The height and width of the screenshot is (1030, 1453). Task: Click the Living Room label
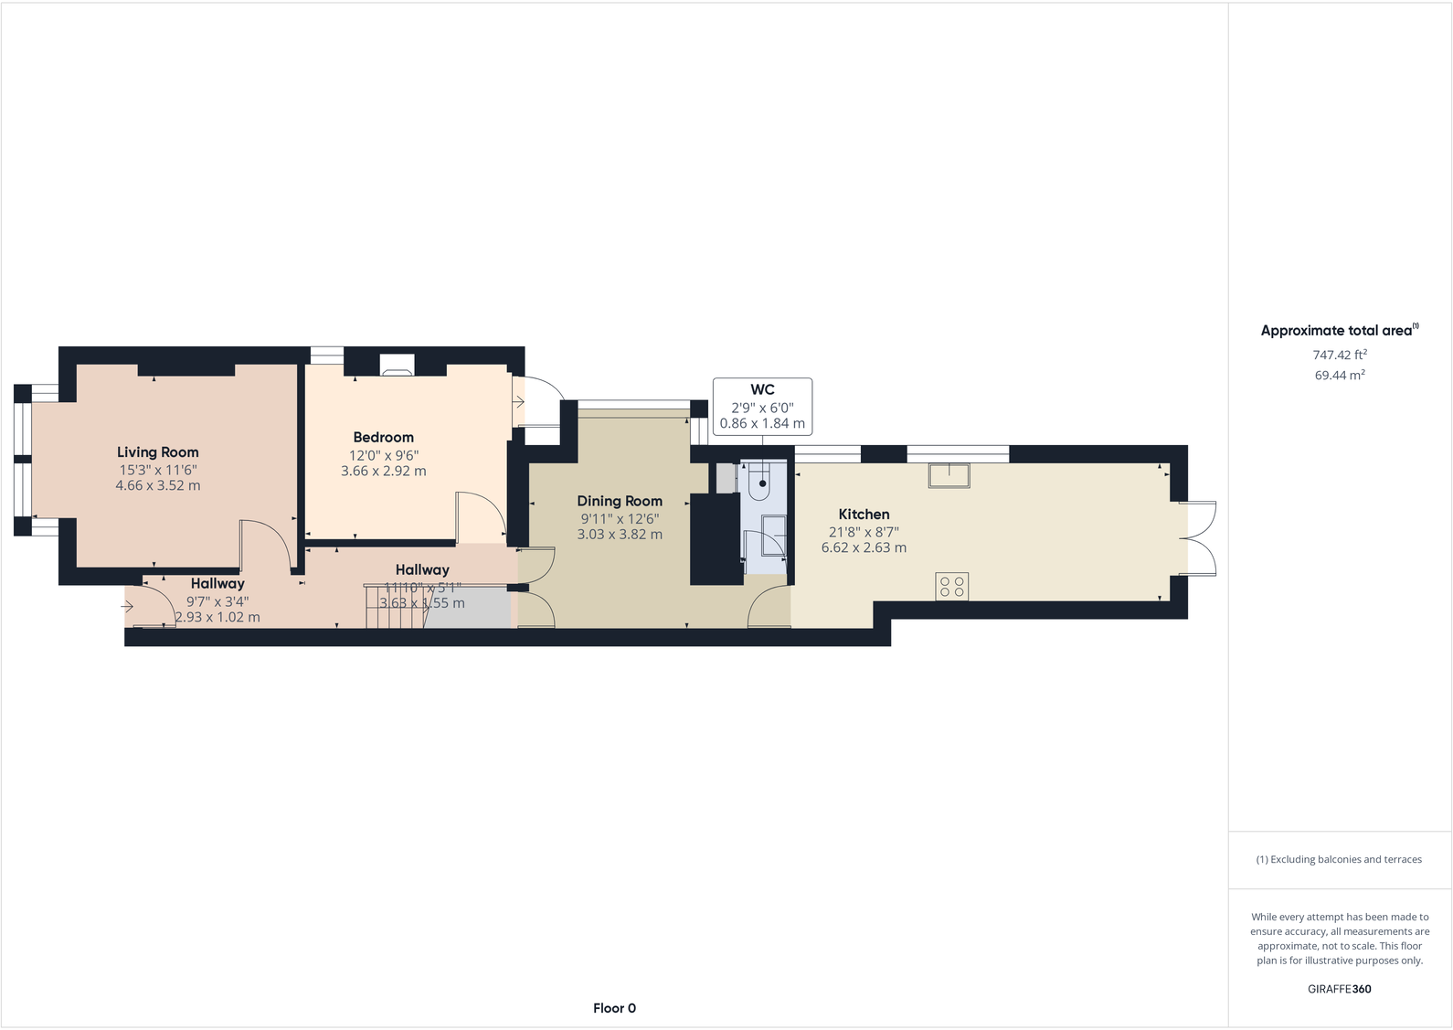157,451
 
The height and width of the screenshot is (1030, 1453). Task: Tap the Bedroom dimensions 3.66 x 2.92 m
383,471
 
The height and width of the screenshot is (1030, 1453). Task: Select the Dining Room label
619,501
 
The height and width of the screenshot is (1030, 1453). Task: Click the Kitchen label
864,515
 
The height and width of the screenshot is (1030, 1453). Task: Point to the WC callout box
762,406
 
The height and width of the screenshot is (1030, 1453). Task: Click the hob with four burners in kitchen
951,586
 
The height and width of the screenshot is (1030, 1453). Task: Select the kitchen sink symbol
949,475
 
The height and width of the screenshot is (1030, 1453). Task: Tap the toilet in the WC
761,482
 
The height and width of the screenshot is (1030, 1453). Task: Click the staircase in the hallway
395,607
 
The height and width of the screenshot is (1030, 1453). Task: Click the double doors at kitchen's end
1201,538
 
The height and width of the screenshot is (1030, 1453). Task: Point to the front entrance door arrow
127,606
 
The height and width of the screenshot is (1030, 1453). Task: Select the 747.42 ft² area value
1339,355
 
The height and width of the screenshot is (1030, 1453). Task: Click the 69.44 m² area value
1339,375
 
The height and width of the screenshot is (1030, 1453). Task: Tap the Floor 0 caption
614,1008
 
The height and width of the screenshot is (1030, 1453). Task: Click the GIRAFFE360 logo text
1339,989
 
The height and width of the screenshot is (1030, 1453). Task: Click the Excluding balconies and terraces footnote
1339,859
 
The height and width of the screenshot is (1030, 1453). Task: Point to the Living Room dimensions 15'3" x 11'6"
157,469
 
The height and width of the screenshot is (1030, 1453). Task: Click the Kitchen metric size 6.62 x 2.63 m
864,547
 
